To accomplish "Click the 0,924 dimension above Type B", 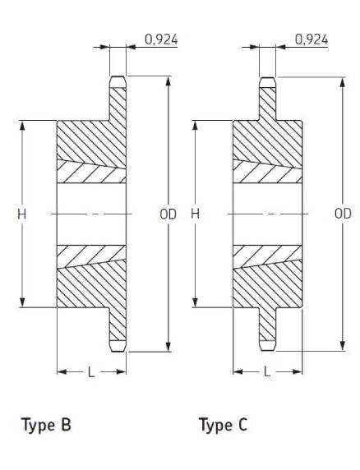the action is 161,39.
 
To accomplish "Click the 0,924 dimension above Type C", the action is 312,39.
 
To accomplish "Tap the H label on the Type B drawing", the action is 21,214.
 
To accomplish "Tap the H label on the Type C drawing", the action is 195,214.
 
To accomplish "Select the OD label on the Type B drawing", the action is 168,214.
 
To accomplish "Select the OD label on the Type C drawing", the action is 343,214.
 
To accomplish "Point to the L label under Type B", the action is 91,372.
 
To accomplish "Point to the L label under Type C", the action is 267,372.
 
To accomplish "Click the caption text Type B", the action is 46,425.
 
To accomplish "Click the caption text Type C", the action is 223,425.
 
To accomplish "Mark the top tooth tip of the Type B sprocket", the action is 118,76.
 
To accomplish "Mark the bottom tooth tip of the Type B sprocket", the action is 118,352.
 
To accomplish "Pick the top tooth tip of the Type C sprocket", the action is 267,77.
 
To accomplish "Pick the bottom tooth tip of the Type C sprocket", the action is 267,350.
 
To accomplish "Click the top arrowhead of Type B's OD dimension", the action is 168,81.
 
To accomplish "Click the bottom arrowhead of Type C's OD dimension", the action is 343,346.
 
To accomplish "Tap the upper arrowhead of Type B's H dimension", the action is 22,126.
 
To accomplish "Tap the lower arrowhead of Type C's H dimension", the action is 195,302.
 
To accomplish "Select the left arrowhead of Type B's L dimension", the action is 62,372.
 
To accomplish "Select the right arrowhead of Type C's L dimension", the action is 298,372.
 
